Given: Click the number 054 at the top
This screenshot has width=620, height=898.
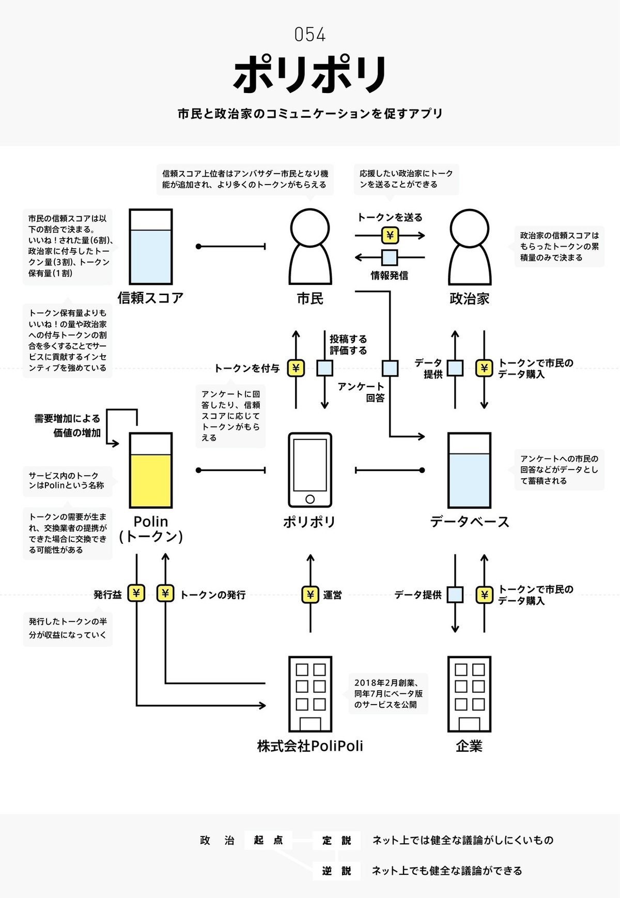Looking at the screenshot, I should coord(310,35).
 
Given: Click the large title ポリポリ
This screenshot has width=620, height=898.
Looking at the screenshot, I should coord(310,74).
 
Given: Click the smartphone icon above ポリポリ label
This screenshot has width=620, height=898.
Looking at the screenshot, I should coord(310,470).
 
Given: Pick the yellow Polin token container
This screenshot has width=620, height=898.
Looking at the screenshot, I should coord(150,471).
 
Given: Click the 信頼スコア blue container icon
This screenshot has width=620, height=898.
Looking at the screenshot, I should coord(150,247).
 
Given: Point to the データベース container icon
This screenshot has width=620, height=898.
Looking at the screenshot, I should coord(469,471).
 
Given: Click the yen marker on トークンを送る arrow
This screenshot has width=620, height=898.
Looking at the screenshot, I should coord(390,236).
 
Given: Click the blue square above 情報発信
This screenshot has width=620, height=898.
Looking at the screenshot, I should coord(390,257).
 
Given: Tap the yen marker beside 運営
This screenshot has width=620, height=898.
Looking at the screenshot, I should coord(310,595).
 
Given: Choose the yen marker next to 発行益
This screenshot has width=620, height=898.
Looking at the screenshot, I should coord(136,593).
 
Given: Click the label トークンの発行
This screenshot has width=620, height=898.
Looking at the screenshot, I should coord(212,595).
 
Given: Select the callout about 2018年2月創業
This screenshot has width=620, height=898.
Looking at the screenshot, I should coord(389,693).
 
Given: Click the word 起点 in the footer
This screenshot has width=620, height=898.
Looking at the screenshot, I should coord(268,840).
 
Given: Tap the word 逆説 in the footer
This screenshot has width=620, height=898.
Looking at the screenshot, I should coord(336,871).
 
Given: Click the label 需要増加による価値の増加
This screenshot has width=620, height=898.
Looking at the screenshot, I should coord(68,425).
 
